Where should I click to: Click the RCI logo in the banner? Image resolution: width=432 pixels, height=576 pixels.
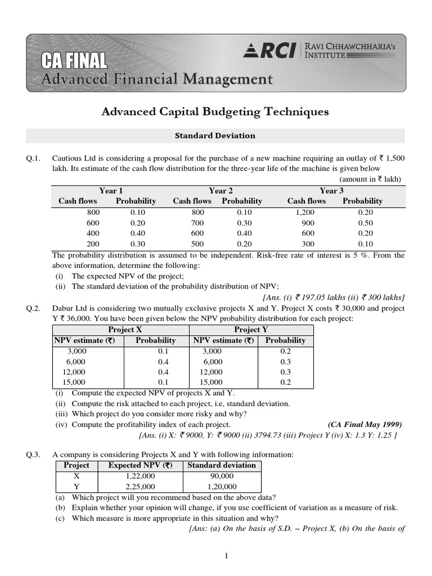click(269, 51)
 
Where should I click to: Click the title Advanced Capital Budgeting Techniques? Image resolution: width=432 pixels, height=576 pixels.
click(214, 112)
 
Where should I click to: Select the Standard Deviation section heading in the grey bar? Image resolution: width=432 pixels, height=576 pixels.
click(215, 136)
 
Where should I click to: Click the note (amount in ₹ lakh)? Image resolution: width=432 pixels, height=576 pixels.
click(371, 179)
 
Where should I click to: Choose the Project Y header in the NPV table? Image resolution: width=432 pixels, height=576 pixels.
click(251, 330)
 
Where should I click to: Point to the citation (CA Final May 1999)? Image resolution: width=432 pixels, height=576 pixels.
click(364, 425)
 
